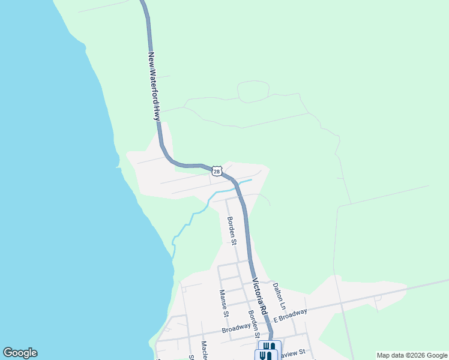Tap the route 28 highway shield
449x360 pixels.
(217, 171)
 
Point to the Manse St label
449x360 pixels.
(223, 303)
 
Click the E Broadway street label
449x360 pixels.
(291, 316)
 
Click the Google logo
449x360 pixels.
(20, 353)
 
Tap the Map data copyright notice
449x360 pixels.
(412, 355)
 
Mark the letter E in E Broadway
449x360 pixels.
(275, 320)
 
